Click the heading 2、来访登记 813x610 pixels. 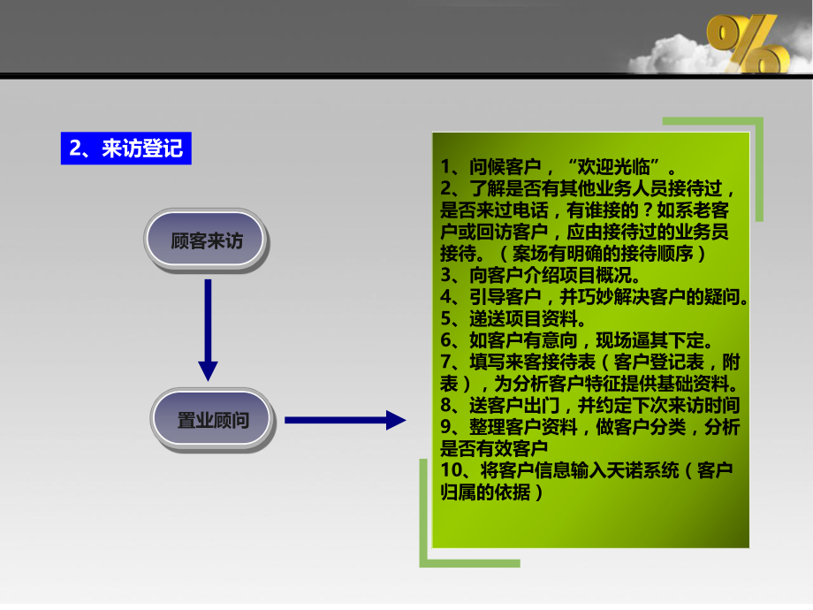[x=125, y=148]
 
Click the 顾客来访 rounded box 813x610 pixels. [x=206, y=240]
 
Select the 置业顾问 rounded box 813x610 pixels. [x=213, y=420]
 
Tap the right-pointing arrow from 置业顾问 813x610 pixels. [x=344, y=420]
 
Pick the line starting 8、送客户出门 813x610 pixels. [x=589, y=406]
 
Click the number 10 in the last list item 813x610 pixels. [x=450, y=469]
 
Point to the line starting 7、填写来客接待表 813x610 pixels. [x=590, y=362]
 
